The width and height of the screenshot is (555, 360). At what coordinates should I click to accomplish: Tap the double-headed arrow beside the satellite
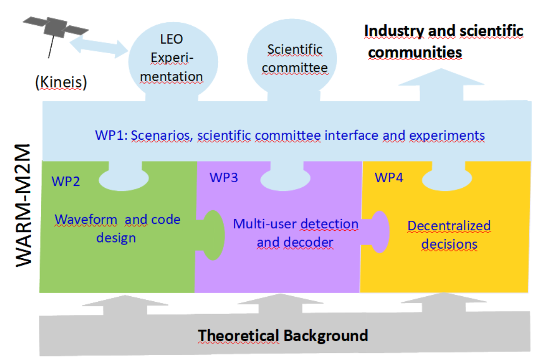[x=99, y=46]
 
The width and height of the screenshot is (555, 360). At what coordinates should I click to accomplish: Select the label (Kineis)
[x=61, y=82]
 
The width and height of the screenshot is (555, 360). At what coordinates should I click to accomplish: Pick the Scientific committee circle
[x=294, y=58]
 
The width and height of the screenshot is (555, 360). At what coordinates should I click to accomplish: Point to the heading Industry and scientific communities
[x=443, y=41]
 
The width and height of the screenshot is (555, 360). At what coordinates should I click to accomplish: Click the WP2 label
[x=66, y=181]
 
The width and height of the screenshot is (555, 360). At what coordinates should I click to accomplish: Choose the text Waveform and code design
[x=117, y=228]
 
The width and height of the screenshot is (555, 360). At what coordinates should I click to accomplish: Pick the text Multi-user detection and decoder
[x=295, y=232]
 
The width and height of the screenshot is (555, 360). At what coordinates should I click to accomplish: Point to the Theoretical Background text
[x=283, y=335]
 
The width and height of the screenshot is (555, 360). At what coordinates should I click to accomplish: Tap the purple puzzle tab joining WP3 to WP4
[x=377, y=230]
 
